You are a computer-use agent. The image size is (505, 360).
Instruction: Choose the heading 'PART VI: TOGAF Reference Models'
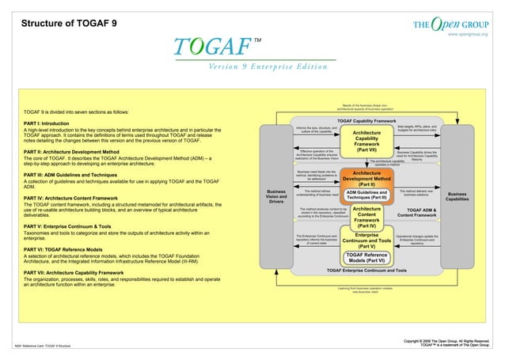[x=64, y=248]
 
